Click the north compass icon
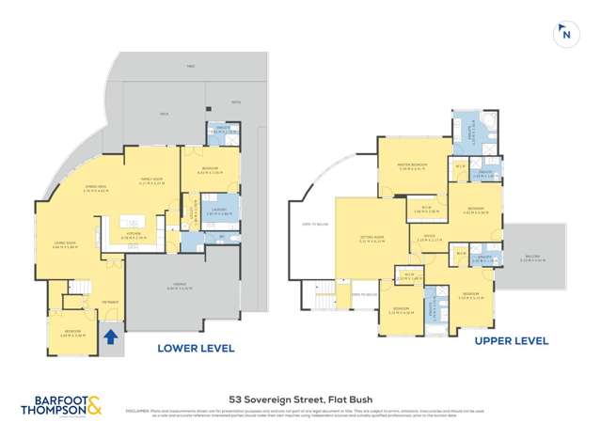pos(566,35)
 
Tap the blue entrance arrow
pos(111,336)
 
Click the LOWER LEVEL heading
pos(195,348)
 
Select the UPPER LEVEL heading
pos(511,340)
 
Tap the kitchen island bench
pos(137,231)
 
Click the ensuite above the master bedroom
pos(467,134)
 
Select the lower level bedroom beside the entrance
pos(70,331)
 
